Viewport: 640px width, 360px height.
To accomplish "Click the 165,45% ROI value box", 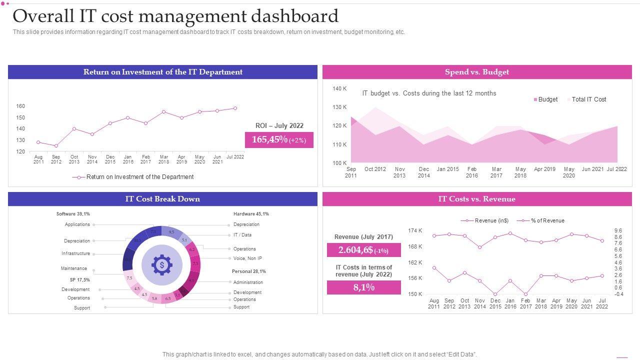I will pos(279,140).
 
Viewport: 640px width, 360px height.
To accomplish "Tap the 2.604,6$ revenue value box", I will pos(363,250).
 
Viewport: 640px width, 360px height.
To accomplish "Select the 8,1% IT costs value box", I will pos(363,287).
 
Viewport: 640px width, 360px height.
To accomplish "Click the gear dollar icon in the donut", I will pos(161,265).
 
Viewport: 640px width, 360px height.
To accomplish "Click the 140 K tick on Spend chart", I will pos(339,88).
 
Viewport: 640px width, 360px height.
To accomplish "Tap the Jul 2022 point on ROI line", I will pos(235,108).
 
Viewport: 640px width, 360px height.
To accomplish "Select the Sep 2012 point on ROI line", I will pos(56,146).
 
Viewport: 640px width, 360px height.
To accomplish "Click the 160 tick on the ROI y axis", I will pos(20,106).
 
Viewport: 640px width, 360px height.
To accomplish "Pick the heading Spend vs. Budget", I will pos(477,72).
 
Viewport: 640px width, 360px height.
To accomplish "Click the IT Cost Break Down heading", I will pos(162,199).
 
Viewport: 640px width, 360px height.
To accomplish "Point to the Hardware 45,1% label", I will pos(251,214).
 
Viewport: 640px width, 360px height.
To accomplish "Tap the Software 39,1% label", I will pos(73,214).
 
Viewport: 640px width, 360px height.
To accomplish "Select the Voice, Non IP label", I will pos(247,258).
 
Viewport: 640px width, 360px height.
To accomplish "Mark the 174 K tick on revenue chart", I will pos(415,230).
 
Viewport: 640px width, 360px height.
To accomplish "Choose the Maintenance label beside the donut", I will pos(74,268).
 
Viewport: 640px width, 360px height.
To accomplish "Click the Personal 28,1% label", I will pos(248,271).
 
